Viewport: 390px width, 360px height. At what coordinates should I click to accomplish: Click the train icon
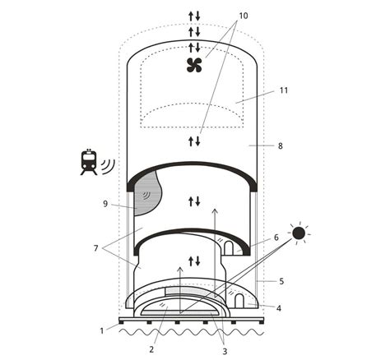pos(88,162)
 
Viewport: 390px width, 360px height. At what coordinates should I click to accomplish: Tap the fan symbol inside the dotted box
pos(195,66)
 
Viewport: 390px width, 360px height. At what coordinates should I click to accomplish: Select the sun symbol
pos(298,233)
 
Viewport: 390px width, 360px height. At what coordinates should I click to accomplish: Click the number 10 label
pos(243,16)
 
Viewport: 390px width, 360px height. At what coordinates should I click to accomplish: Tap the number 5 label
pos(281,280)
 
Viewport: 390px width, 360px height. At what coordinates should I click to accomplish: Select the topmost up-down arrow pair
pos(194,15)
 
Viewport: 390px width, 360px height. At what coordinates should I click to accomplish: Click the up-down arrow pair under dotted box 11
pos(194,141)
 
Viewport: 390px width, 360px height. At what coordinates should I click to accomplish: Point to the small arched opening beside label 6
pos(230,247)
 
